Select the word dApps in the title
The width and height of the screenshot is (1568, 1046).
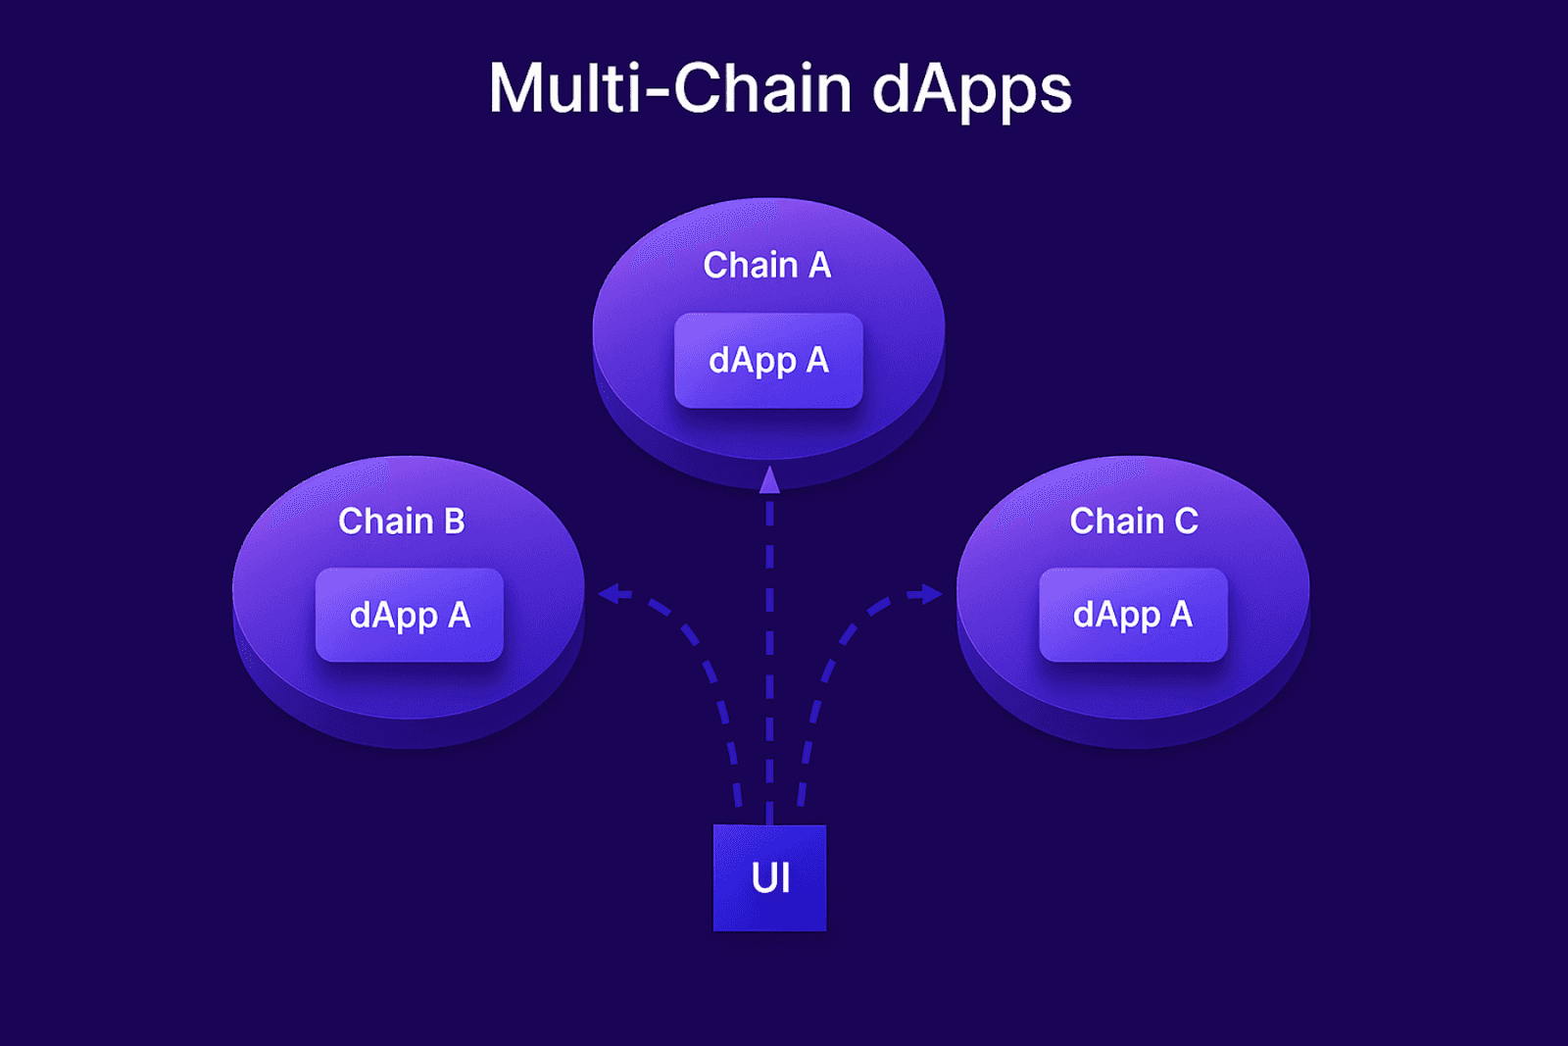972,92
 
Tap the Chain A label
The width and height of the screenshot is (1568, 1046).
767,266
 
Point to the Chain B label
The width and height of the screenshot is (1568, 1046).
401,521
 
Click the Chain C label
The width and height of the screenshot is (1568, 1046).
1133,521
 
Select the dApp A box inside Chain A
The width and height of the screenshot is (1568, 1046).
768,361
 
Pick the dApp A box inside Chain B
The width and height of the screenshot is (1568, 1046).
410,615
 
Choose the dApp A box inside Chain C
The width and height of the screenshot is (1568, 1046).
1133,615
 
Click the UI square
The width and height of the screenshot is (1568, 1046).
769,878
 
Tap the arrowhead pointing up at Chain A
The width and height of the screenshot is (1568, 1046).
769,480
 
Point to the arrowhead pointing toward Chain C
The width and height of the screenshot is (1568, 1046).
930,594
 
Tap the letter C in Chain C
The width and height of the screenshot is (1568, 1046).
1186,521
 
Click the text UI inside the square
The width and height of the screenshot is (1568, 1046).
770,877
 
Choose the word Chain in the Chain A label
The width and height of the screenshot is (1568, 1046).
751,266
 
